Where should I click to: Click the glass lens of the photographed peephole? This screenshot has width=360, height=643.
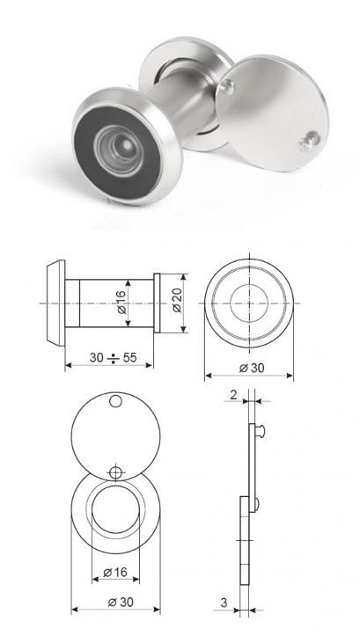(x=120, y=150)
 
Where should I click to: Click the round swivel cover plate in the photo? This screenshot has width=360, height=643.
(x=272, y=113)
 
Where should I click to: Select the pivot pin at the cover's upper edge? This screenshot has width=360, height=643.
(x=227, y=86)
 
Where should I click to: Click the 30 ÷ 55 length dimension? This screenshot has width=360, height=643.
(x=113, y=358)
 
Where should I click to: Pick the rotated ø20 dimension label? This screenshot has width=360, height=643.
(x=177, y=303)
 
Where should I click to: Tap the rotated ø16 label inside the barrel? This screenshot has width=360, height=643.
(x=122, y=303)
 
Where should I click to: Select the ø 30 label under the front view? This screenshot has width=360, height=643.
(x=252, y=368)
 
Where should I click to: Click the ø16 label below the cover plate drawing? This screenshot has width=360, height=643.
(x=115, y=572)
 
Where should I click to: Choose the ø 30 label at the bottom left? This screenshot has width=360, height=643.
(x=121, y=602)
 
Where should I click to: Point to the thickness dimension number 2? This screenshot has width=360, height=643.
(x=233, y=395)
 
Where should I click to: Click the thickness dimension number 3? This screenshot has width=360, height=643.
(x=224, y=603)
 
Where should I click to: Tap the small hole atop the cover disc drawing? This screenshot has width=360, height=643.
(x=116, y=401)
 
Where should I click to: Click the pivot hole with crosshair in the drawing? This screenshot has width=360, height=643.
(x=116, y=473)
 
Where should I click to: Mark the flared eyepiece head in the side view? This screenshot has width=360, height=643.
(x=55, y=303)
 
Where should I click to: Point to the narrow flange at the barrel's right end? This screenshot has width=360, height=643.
(x=157, y=303)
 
